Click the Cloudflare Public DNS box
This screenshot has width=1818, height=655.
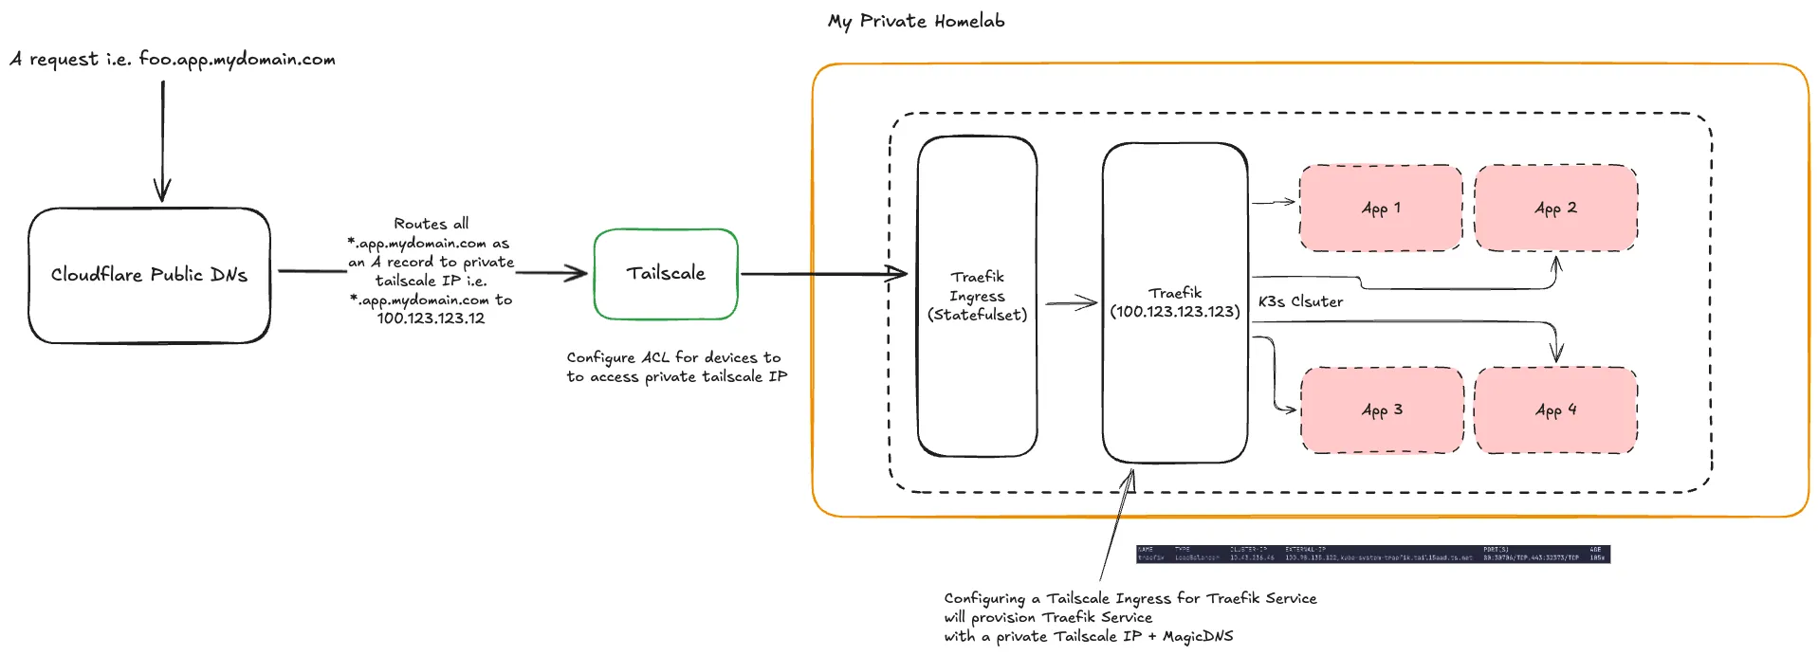149,275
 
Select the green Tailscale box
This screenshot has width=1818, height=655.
666,274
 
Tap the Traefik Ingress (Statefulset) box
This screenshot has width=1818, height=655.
977,296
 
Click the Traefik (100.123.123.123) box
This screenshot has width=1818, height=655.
1175,302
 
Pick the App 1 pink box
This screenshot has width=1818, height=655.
1381,208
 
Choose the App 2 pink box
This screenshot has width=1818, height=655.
1555,208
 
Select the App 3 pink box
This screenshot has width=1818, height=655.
1382,409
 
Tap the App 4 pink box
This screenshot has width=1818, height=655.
1555,409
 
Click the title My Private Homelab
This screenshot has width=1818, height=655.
916,21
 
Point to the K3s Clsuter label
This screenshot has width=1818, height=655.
1300,301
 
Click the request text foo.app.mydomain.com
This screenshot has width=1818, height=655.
237,59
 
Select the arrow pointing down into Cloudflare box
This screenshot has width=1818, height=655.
162,142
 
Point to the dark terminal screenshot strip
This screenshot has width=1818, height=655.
1372,554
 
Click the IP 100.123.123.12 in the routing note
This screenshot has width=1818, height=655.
431,318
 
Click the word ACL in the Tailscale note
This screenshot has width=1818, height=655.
655,357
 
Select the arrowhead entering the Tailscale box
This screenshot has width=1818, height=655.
577,274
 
